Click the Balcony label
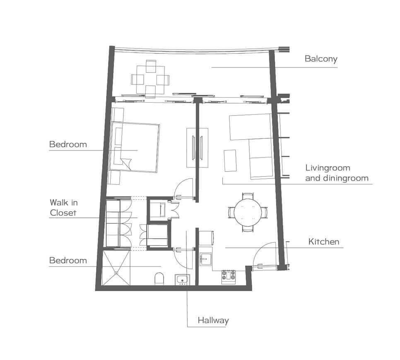coord(321,59)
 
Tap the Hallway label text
coord(213,321)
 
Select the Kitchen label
coord(324,242)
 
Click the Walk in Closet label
coord(63,208)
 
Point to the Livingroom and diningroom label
coord(337,173)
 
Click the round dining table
coord(248,212)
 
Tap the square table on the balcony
coord(150,79)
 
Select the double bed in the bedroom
coord(135,147)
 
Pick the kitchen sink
coord(206,259)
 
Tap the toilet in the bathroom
coord(159,278)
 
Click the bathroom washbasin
coord(182,279)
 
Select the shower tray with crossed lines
coord(116,268)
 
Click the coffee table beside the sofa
coord(230,161)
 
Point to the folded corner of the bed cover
coord(127,164)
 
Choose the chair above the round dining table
coord(248,196)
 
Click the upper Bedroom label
coord(68,145)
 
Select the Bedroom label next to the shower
coord(68,261)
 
